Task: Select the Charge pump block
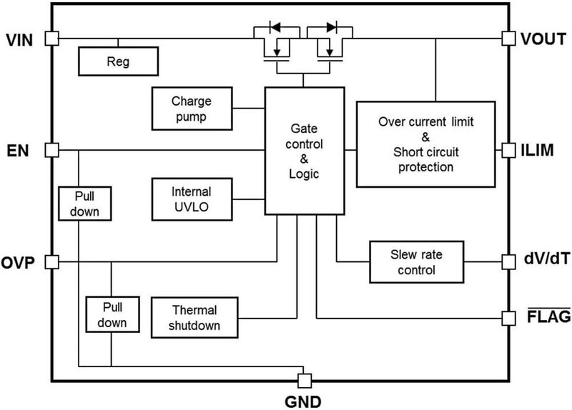[x=192, y=108]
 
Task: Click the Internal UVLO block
[x=192, y=199]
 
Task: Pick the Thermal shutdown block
[x=194, y=318]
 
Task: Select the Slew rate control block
[x=415, y=262]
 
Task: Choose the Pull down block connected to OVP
[x=112, y=314]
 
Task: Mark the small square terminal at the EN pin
[x=51, y=150]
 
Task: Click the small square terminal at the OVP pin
[x=51, y=262]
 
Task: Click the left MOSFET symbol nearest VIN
[x=276, y=47]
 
